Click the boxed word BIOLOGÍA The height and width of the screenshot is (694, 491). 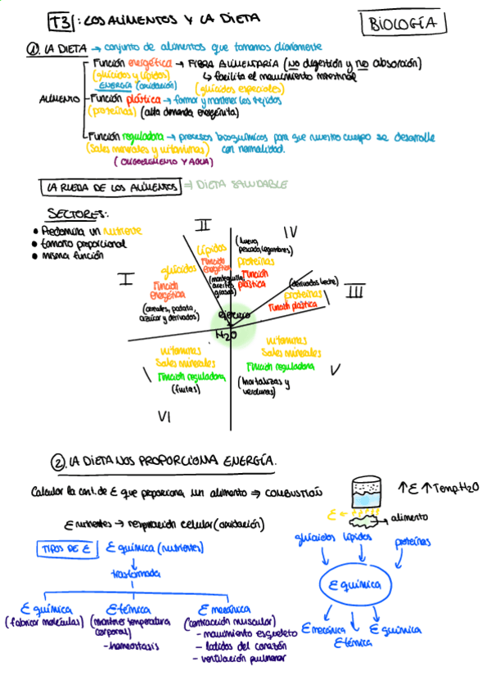(x=403, y=24)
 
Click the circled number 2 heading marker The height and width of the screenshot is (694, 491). (x=57, y=464)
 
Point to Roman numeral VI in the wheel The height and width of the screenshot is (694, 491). (x=164, y=417)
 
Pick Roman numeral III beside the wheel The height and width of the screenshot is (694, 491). (x=354, y=290)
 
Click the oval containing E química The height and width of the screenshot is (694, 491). (x=354, y=584)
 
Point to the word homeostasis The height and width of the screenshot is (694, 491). (x=133, y=646)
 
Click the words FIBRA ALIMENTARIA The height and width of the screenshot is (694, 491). (x=235, y=63)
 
